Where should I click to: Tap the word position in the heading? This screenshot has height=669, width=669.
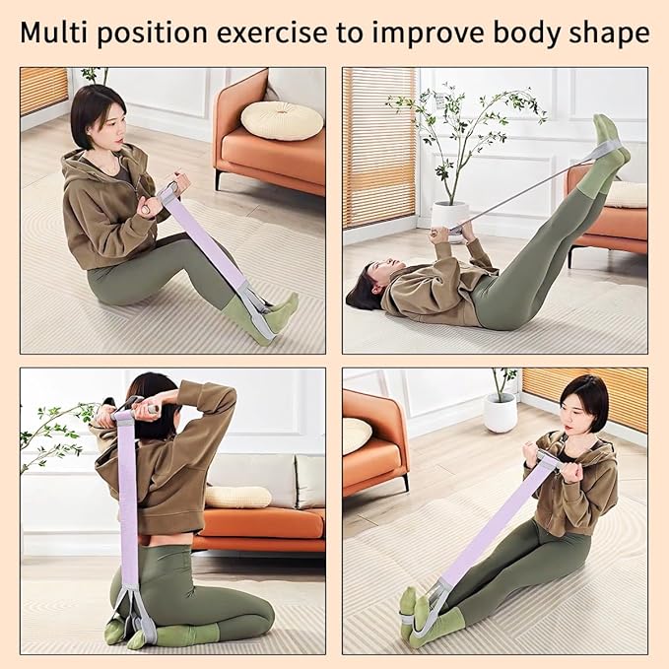point(152,33)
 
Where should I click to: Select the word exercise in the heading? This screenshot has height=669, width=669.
point(272,33)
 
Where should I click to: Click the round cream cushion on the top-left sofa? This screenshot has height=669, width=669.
point(282,120)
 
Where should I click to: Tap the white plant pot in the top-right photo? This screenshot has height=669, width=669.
point(449,216)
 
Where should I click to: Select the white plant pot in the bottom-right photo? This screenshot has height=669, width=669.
point(501,412)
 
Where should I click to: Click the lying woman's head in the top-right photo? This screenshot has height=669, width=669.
point(367,287)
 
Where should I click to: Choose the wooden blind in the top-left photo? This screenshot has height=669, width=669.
point(44,91)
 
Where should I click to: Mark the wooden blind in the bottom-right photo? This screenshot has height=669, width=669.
point(585,399)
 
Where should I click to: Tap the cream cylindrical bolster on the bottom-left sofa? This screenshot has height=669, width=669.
point(237,498)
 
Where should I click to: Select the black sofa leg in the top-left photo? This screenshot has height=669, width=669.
point(218,179)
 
